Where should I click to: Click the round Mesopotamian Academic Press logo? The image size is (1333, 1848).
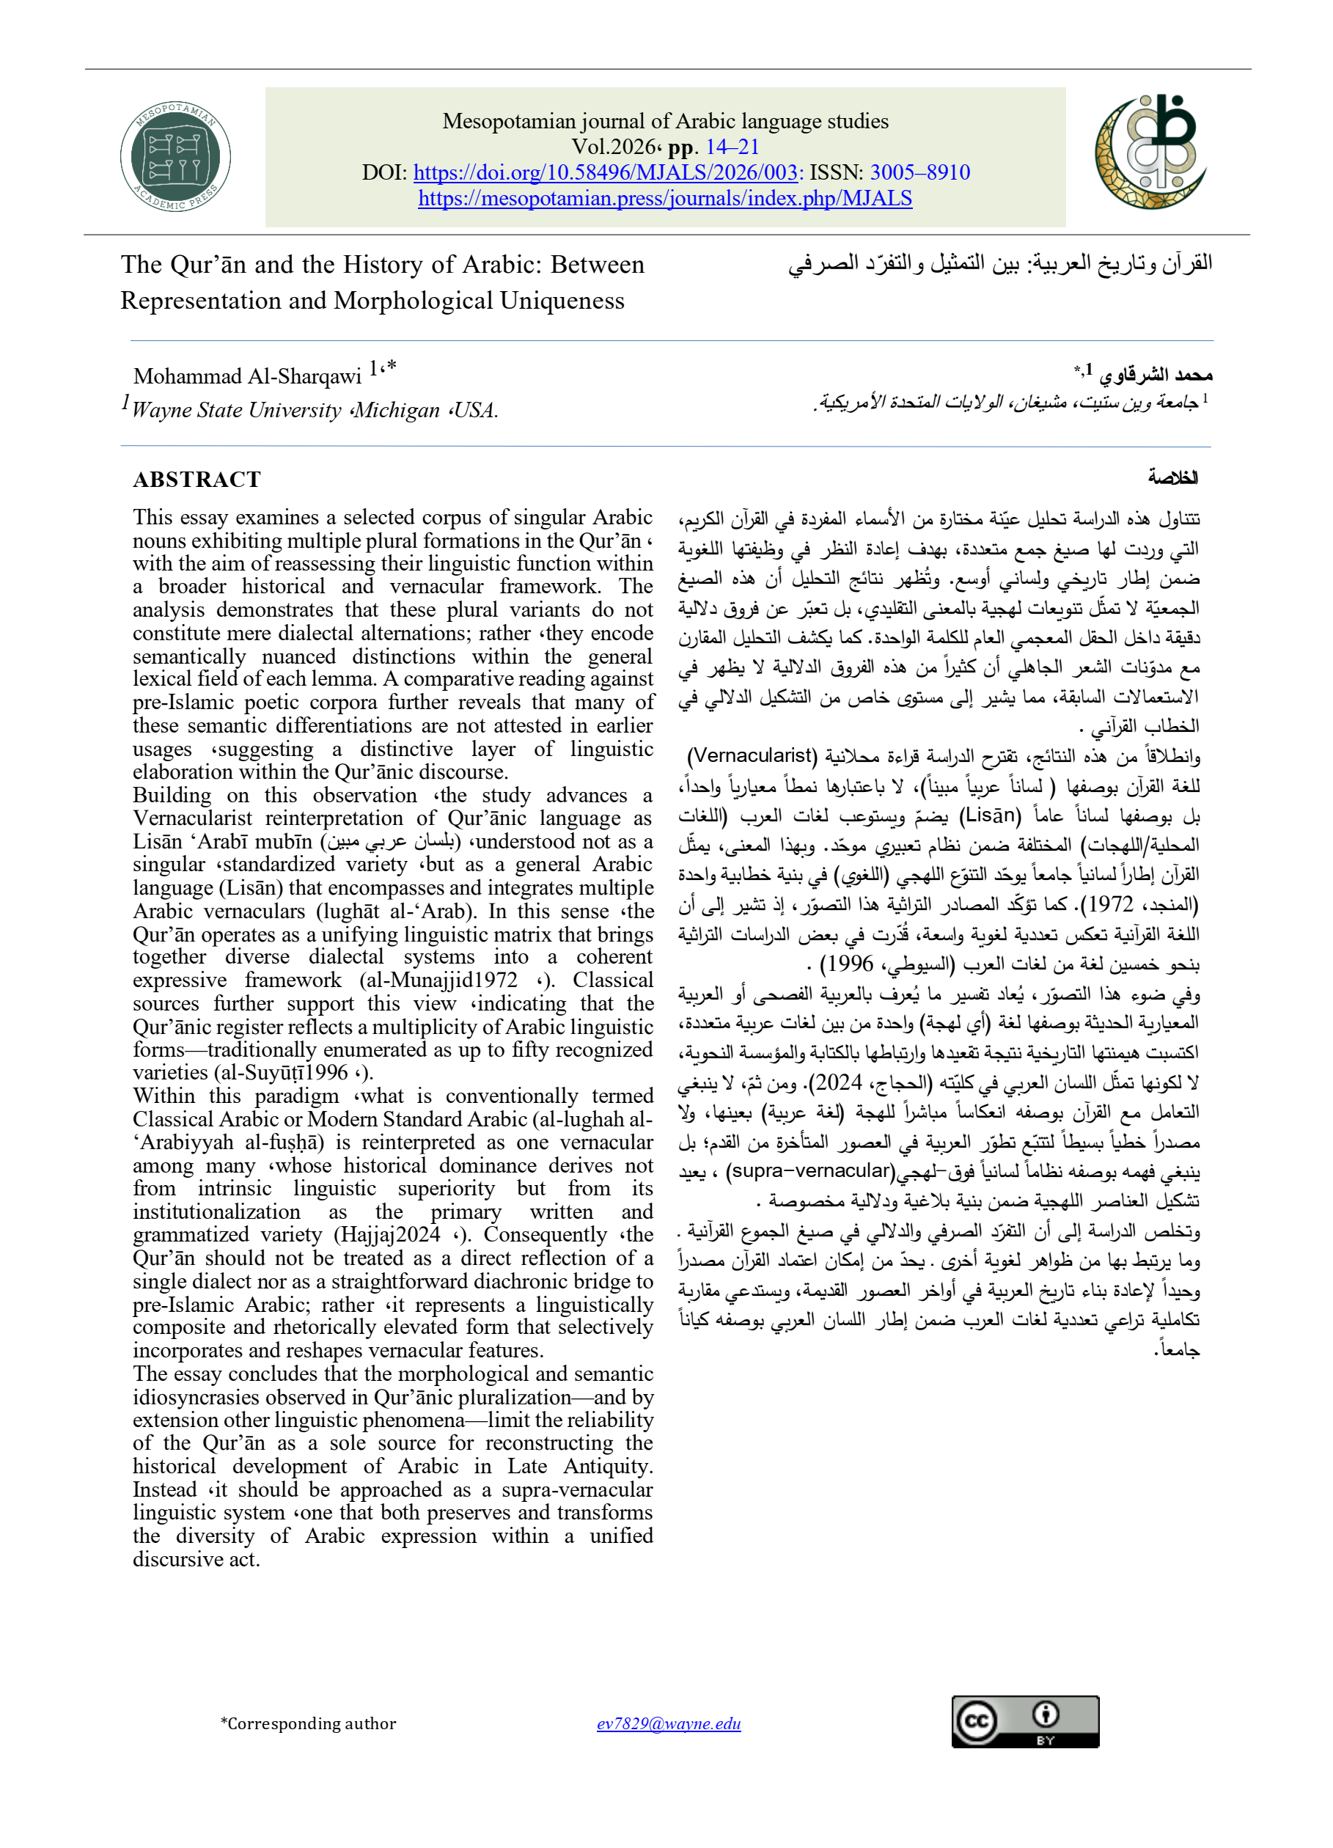coord(175,156)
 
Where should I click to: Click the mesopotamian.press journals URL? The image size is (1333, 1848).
coord(665,199)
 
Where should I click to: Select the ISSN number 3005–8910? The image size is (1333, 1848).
coord(920,173)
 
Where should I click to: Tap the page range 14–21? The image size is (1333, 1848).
coord(732,147)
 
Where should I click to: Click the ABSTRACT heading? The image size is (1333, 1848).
coord(197,479)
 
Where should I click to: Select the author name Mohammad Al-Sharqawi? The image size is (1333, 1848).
coord(247,376)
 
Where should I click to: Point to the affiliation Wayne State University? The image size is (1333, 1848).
coord(236,410)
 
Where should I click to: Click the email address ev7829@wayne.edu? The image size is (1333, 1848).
coord(668,1723)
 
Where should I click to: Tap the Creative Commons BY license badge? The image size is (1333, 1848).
coord(1025,1722)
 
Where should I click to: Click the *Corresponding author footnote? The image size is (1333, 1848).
coord(308,1723)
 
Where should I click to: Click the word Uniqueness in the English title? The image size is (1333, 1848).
coord(562,301)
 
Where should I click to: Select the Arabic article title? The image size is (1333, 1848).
coord(1000,263)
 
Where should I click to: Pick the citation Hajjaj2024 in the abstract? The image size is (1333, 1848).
coord(387,1235)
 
